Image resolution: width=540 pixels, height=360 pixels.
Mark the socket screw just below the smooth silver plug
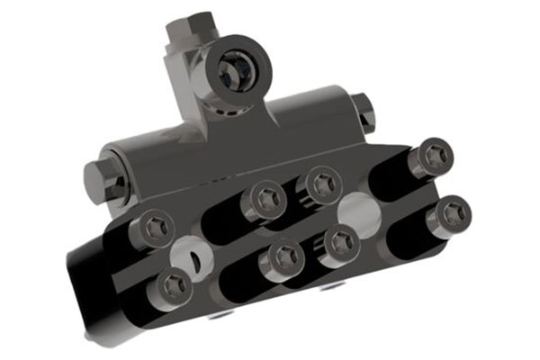pos(341,242)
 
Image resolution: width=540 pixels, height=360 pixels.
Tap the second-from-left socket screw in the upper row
pos(266,198)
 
